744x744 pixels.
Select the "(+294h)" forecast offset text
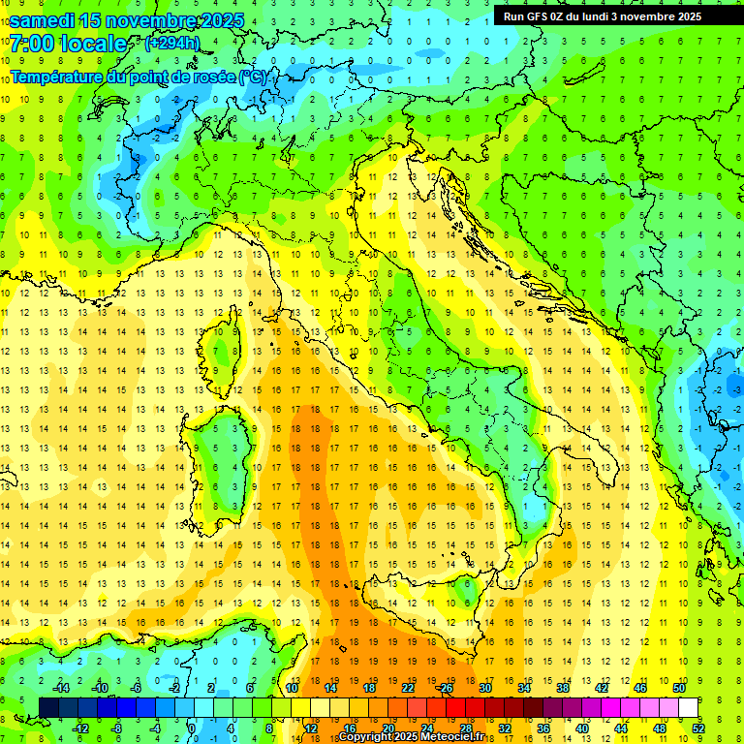click(172, 43)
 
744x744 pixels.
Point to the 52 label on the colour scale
click(698, 728)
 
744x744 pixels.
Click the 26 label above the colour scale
click(446, 688)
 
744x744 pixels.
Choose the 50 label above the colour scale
click(679, 688)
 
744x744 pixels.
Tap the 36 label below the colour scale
click(543, 728)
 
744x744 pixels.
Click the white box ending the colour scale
click(689, 708)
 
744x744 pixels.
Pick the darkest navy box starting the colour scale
click(49, 708)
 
